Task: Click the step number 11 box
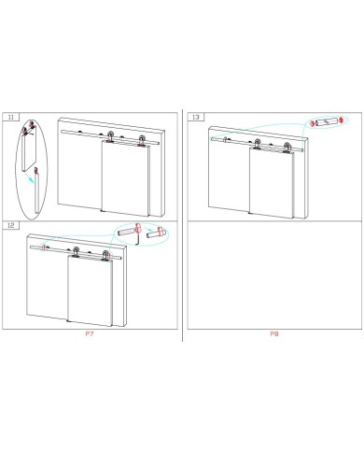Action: pos(11,117)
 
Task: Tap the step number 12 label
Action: pos(11,225)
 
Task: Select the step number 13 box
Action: pos(196,117)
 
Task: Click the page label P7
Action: pos(90,334)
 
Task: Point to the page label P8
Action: pos(274,334)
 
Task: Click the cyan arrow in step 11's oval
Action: pos(30,178)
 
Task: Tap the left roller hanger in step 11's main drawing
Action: pos(110,137)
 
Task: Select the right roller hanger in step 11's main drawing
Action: pos(142,140)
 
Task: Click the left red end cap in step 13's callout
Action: pos(312,123)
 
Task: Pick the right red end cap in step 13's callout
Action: pos(342,120)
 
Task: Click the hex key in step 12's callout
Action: pos(137,238)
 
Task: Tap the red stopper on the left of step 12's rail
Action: pos(44,247)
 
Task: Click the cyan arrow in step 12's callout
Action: pos(144,232)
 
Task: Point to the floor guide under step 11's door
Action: pos(102,210)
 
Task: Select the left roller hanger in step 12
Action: pos(76,252)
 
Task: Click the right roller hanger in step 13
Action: pos(287,148)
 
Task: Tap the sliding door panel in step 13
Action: pos(272,182)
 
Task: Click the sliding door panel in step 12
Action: pos(91,290)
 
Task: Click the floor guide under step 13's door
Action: pos(249,213)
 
